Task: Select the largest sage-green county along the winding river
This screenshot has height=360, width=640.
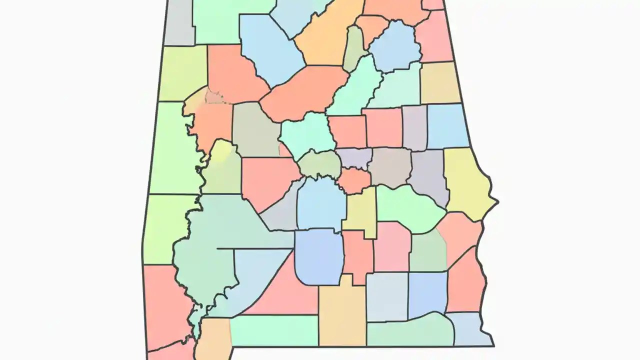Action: click(x=210, y=240)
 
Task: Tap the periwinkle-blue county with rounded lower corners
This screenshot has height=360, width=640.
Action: click(x=319, y=256)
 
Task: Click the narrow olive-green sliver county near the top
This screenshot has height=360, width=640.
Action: click(x=354, y=47)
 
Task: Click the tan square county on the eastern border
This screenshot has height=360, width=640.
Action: click(x=439, y=82)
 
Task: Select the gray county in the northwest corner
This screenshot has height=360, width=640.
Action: click(x=179, y=22)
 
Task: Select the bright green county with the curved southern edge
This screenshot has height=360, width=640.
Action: click(x=407, y=207)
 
